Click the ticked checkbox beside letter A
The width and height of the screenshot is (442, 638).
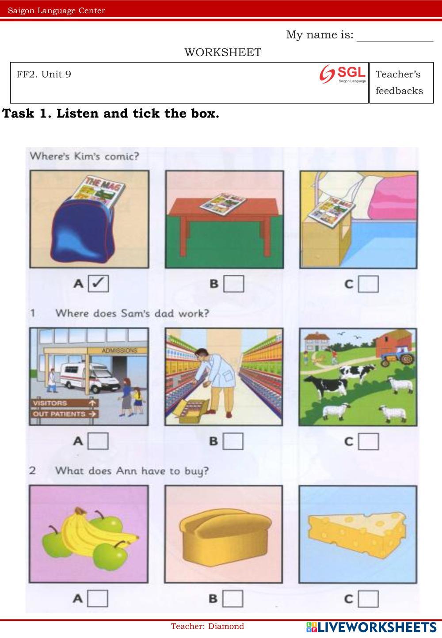coord(98,283)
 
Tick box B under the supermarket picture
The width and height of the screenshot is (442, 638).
coord(233,441)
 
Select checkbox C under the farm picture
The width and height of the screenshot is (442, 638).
coord(368,441)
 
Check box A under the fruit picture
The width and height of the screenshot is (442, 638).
coord(98,598)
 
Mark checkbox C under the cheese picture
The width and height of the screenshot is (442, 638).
coord(368,599)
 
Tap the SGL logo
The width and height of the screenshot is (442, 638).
coord(343,74)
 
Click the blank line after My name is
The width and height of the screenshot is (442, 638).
coord(395,42)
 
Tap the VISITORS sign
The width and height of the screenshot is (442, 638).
coord(65,403)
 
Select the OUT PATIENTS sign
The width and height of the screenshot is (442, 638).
coord(65,414)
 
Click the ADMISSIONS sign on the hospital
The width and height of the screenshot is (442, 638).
coord(120,350)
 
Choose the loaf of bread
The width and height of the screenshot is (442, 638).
coord(225,536)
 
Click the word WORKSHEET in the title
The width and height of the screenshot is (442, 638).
coord(223,53)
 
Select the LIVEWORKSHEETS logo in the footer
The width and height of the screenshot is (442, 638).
coord(372,627)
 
